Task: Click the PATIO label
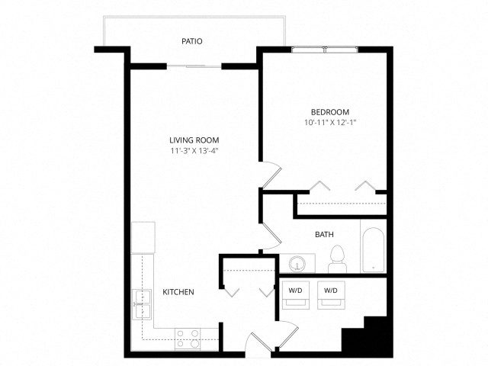192,41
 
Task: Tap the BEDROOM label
330,112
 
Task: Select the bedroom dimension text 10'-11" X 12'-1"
330,122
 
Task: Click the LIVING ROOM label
194,140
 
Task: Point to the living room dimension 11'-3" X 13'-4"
194,151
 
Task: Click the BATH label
324,234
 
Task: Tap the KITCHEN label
178,292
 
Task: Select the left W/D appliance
296,295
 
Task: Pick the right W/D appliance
331,295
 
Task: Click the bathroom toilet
337,259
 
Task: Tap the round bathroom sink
297,265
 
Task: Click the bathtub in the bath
373,250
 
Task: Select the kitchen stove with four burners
188,339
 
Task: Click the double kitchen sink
143,305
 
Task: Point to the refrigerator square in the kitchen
143,237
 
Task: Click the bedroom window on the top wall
325,49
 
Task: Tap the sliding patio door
194,66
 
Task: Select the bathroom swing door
271,236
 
